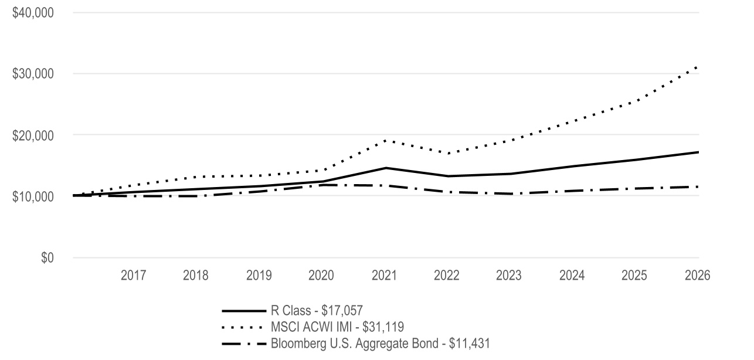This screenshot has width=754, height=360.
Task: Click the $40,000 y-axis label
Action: tap(33, 13)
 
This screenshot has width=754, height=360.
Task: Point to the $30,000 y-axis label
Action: tap(33, 74)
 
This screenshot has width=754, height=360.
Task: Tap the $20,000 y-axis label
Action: tap(33, 135)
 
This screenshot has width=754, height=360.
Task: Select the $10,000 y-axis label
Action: tap(33, 196)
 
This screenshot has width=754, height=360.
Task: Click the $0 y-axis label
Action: tap(47, 257)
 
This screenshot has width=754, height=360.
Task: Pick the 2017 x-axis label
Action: tap(133, 276)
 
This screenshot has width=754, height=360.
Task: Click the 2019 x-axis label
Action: tap(259, 276)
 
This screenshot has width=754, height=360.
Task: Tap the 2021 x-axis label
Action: tap(385, 276)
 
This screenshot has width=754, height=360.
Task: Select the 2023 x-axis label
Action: tap(508, 276)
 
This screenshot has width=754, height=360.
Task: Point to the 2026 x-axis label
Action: tap(698, 276)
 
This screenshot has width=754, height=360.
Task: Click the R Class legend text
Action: tap(317, 311)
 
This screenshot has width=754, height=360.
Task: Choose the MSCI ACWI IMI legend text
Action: tap(337, 327)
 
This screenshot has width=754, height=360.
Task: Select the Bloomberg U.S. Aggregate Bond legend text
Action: tap(381, 344)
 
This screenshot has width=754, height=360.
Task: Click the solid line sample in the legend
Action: tap(244, 311)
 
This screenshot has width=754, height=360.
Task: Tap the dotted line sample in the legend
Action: tap(242, 327)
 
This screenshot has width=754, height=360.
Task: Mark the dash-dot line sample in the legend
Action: tap(244, 344)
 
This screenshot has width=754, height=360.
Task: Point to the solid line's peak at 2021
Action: tap(386, 168)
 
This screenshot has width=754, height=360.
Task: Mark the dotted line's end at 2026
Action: tap(698, 67)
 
